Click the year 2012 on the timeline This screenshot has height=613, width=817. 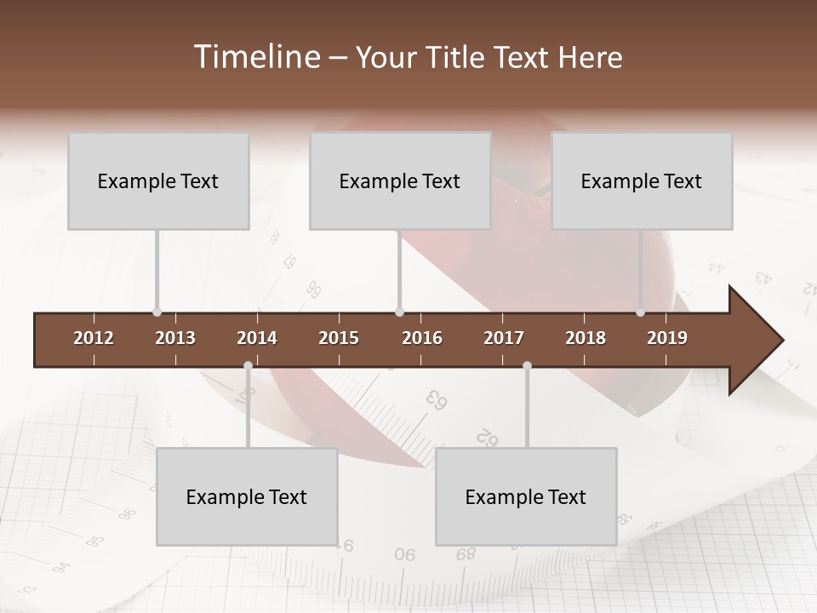pyautogui.click(x=94, y=338)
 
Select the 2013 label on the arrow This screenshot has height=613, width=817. pyautogui.click(x=175, y=338)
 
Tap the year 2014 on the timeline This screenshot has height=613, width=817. pyautogui.click(x=257, y=338)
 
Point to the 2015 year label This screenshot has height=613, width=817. pyautogui.click(x=339, y=338)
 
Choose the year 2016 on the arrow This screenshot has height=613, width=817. pyautogui.click(x=422, y=338)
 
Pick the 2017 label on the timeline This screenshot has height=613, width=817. pyautogui.click(x=504, y=338)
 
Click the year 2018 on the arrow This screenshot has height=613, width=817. pyautogui.click(x=586, y=338)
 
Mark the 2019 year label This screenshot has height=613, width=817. pyautogui.click(x=667, y=338)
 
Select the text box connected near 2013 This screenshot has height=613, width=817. pyautogui.click(x=158, y=181)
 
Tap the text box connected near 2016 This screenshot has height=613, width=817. pyautogui.click(x=400, y=181)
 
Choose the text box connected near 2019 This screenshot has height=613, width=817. pyautogui.click(x=642, y=181)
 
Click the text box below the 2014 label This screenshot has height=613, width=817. pyautogui.click(x=247, y=497)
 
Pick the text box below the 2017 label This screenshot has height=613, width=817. pyautogui.click(x=526, y=497)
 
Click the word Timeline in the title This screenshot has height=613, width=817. pyautogui.click(x=256, y=57)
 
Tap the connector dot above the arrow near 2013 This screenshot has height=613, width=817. pyautogui.click(x=157, y=312)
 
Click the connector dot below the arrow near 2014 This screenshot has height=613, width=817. pyautogui.click(x=248, y=366)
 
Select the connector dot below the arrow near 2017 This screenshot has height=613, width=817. pyautogui.click(x=527, y=366)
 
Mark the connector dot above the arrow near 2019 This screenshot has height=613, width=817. pyautogui.click(x=640, y=312)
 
